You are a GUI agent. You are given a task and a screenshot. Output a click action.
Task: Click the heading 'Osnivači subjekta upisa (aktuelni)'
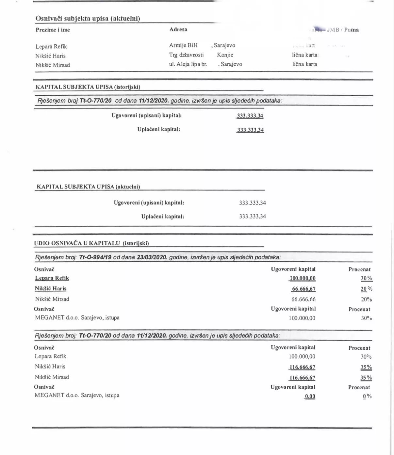[x=88, y=18]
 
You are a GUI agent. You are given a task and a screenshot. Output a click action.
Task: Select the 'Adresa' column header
[x=178, y=29]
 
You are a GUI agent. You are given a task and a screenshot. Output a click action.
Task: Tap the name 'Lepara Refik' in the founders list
[x=51, y=46]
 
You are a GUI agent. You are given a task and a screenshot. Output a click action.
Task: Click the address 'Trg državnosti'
[x=186, y=55]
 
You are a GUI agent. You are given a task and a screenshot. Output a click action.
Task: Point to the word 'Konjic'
[x=225, y=55]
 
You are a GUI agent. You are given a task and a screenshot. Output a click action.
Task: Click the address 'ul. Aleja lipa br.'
[x=188, y=64]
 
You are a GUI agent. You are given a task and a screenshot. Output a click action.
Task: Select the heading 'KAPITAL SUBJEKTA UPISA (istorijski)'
[x=88, y=87]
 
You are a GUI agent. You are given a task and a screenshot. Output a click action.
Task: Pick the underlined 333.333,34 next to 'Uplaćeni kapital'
[x=250, y=130]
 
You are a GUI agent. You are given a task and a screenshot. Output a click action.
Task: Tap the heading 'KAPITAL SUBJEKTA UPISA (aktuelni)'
[x=88, y=187]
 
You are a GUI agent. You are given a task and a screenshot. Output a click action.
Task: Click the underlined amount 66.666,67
[x=304, y=289]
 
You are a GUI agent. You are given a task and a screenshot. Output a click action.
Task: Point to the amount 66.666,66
[x=304, y=299]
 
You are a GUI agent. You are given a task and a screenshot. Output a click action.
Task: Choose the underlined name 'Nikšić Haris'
[x=51, y=288]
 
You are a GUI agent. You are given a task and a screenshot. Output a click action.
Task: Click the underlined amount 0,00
[x=310, y=397]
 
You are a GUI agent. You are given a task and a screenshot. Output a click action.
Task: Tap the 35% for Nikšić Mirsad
[x=366, y=378]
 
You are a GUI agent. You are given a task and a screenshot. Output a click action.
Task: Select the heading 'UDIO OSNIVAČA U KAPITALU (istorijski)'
[x=91, y=243]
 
